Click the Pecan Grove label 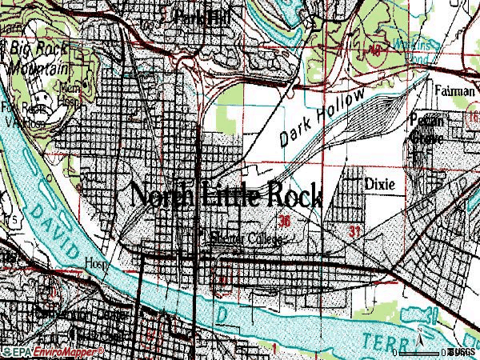426,127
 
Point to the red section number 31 354,231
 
